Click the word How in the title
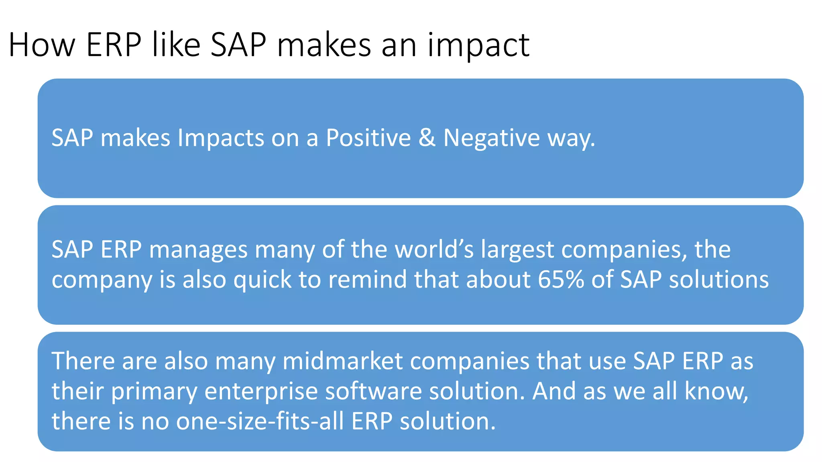pyautogui.click(x=42, y=45)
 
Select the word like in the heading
pyautogui.click(x=176, y=45)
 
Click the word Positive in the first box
pyautogui.click(x=368, y=138)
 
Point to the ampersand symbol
pyautogui.click(x=427, y=138)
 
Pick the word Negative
pyautogui.click(x=492, y=138)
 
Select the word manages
pyautogui.click(x=198, y=250)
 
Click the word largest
pyautogui.click(x=517, y=250)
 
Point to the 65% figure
pyautogui.click(x=561, y=280)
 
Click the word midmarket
pyautogui.click(x=342, y=361)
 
